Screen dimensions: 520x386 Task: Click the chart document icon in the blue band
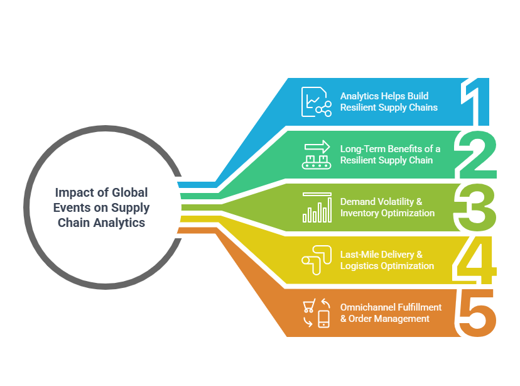[x=317, y=102]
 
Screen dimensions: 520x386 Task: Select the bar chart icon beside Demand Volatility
[x=317, y=207]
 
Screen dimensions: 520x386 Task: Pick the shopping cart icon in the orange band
[x=309, y=306]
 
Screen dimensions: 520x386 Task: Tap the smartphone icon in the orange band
[x=323, y=319]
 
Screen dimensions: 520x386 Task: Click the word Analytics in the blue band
[x=359, y=96]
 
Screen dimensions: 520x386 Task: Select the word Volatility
[x=396, y=202]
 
